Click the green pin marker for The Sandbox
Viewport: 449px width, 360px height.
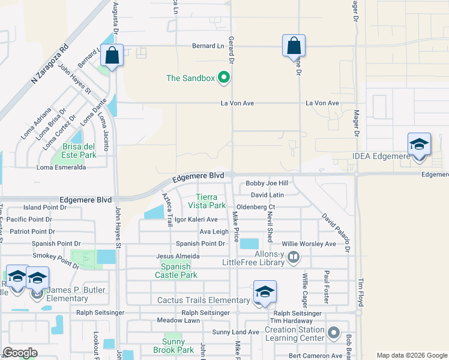[x=224, y=77]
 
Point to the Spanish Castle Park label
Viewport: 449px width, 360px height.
[x=178, y=271]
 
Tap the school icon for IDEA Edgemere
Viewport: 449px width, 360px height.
[x=419, y=145]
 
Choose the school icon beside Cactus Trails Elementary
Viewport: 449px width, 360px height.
[x=265, y=292]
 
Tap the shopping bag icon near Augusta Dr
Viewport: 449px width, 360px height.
[x=112, y=55]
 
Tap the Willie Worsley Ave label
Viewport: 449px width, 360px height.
[x=309, y=244]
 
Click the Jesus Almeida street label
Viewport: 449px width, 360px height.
[x=178, y=256]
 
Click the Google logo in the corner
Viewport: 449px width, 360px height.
[x=20, y=353]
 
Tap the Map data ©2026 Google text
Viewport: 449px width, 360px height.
[x=411, y=355]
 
